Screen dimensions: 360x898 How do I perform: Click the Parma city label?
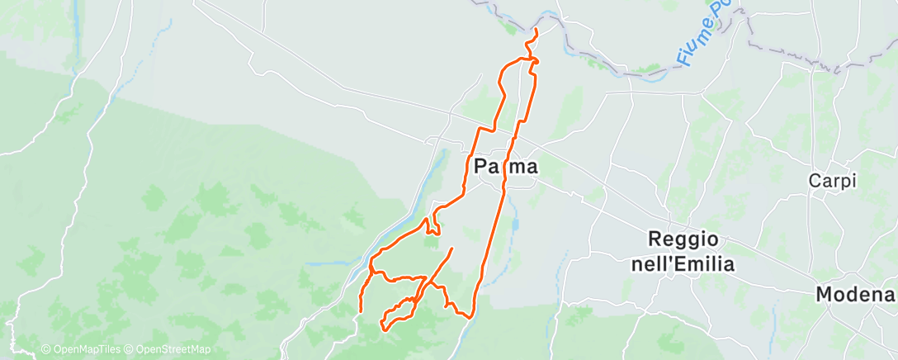point(507,167)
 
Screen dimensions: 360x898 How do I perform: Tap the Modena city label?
point(855,294)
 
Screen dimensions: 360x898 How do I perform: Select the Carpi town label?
point(832,181)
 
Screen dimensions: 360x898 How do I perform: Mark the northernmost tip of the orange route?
point(537,30)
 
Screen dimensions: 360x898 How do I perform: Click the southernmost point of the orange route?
point(385,329)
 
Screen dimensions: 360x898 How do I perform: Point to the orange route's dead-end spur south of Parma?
point(452,249)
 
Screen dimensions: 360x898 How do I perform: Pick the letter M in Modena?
point(825,294)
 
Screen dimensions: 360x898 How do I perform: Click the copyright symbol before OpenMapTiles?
point(46,350)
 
